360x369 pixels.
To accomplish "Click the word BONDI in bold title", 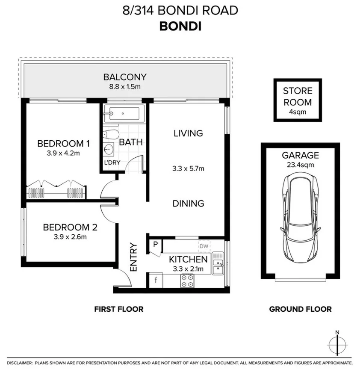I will coord(180,26).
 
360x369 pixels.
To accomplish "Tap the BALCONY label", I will coord(125,77).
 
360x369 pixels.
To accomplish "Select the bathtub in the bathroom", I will coord(123,114).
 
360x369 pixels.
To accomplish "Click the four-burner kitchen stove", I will coord(187,280).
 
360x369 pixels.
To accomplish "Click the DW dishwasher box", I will coord(204,246).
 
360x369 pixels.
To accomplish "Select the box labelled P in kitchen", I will coord(155,245).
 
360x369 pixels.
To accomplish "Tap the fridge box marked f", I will coord(155,281).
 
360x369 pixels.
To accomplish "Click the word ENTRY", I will coord(133,257).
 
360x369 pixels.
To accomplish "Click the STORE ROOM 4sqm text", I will coord(297,102).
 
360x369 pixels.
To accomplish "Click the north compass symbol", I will coord(337,344).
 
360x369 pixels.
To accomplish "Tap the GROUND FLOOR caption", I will coord(300,309).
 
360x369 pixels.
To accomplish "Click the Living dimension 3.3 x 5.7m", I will coord(188,168).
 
